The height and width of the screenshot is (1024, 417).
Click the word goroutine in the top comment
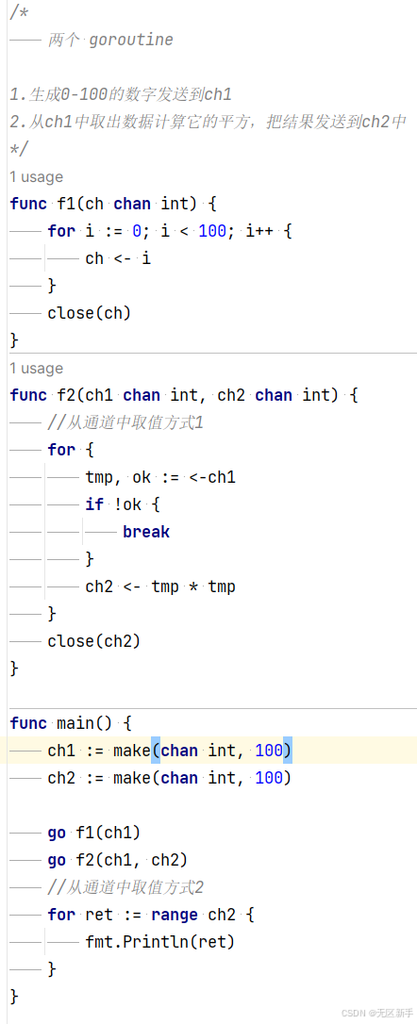pyautogui.click(x=131, y=41)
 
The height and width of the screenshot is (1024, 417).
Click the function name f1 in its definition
pyautogui.click(x=66, y=204)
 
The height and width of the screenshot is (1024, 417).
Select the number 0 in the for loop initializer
pyautogui.click(x=137, y=231)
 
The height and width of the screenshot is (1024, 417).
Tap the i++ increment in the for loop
pyautogui.click(x=259, y=231)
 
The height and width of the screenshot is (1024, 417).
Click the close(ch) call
pyautogui.click(x=90, y=313)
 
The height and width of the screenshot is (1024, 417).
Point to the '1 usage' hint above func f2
pyautogui.click(x=37, y=369)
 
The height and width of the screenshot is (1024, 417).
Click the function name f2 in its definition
pyautogui.click(x=66, y=395)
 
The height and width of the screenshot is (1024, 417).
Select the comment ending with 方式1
pyautogui.click(x=125, y=422)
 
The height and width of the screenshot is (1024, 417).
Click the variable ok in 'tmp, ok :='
pyautogui.click(x=142, y=477)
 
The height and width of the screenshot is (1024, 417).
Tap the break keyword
pyautogui.click(x=146, y=532)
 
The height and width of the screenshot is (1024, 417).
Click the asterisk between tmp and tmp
pyautogui.click(x=193, y=587)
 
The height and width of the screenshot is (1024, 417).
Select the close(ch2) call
pyautogui.click(x=94, y=641)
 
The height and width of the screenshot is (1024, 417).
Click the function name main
pyautogui.click(x=75, y=723)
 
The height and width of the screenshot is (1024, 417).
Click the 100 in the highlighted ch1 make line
pyautogui.click(x=269, y=751)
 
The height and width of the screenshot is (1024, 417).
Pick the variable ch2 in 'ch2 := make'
pyautogui.click(x=61, y=778)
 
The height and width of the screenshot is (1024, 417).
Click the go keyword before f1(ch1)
pyautogui.click(x=57, y=833)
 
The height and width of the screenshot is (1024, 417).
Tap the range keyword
pyautogui.click(x=175, y=916)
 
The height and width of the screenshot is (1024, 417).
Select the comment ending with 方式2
pyautogui.click(x=125, y=887)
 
